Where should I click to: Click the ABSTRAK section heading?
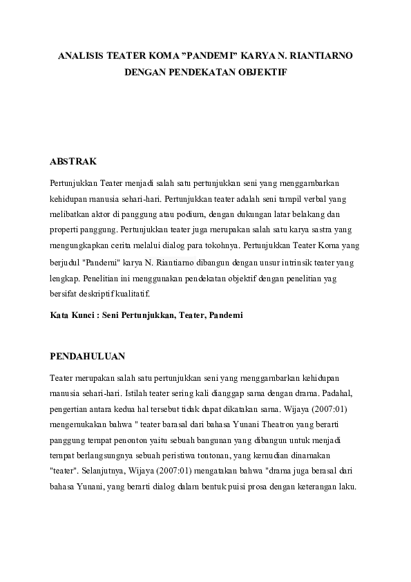click(x=73, y=161)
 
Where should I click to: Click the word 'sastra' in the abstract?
click(x=314, y=229)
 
